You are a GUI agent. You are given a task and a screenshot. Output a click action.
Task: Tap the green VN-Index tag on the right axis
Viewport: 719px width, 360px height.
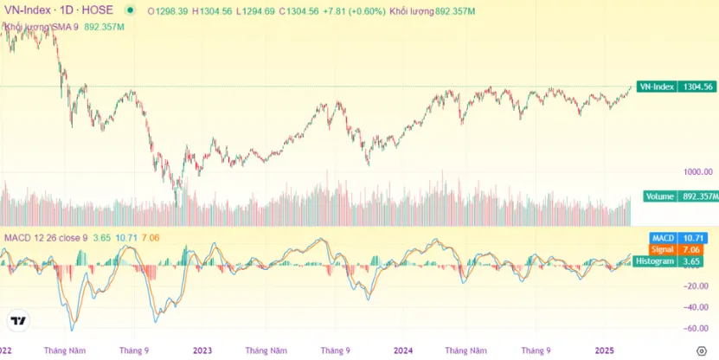coord(655,87)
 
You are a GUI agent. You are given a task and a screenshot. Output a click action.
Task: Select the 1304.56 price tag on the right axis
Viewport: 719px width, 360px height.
coord(697,87)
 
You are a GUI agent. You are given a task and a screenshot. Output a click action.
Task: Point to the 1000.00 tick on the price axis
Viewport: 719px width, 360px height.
coord(697,172)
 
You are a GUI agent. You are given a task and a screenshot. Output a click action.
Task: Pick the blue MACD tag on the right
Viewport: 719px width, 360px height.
coord(663,236)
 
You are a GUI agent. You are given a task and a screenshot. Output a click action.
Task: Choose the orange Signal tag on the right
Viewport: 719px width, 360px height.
coord(663,248)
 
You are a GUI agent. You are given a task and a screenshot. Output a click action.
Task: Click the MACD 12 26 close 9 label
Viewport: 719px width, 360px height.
coord(46,236)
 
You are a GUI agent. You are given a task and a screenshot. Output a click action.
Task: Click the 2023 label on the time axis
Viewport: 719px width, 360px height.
coord(202,350)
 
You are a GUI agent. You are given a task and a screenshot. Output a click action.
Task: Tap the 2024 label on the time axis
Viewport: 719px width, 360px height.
coord(403,350)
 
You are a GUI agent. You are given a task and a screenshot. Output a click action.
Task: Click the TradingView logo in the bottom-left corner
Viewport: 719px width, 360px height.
coord(18,321)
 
